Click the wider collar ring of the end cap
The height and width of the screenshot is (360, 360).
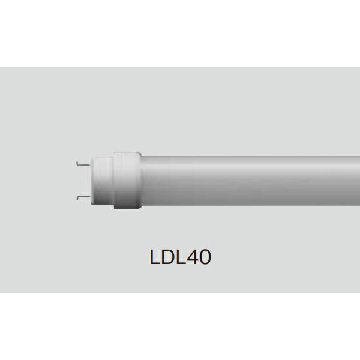tap(126, 179)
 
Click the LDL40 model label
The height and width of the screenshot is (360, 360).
tap(179, 257)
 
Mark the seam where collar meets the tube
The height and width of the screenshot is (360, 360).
tap(139, 179)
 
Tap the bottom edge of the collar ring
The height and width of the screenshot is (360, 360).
tap(126, 209)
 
